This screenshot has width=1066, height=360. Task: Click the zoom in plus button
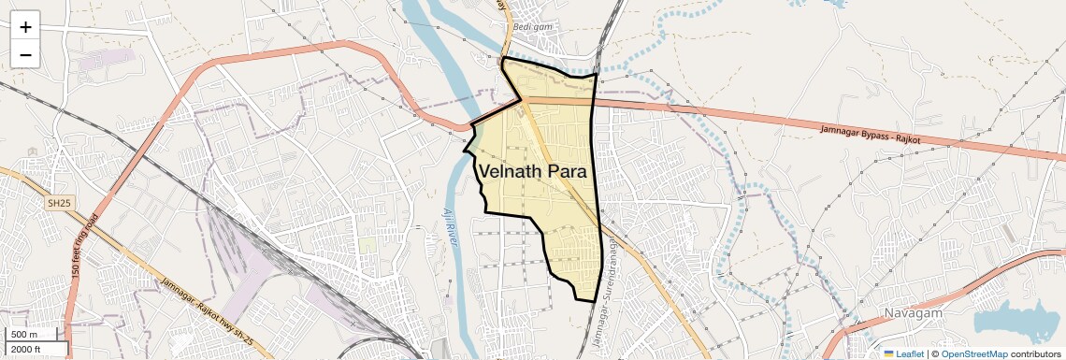pos(25,27)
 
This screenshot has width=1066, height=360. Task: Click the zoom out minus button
pos(25,55)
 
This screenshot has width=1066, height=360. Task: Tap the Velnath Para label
pos(532,173)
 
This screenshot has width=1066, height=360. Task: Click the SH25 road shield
pos(59,202)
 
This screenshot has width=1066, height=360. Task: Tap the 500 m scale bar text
pos(24,335)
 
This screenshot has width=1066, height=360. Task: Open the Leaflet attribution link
pos(910,353)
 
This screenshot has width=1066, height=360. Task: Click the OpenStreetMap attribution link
pos(973,353)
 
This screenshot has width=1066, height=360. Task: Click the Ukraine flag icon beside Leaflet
pos(889,353)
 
